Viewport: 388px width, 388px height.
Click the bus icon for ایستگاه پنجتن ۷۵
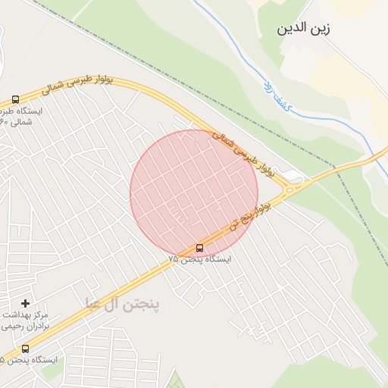tap(199, 247)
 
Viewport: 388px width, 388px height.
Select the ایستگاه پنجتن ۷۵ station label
tap(199, 258)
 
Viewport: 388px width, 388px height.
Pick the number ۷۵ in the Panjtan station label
tap(174, 259)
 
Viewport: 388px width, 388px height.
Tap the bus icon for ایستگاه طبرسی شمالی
tap(15, 99)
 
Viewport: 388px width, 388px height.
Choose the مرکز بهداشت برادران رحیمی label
tap(29, 320)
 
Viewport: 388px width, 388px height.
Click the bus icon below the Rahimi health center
tap(25, 349)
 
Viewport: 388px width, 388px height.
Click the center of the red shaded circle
tap(193, 192)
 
